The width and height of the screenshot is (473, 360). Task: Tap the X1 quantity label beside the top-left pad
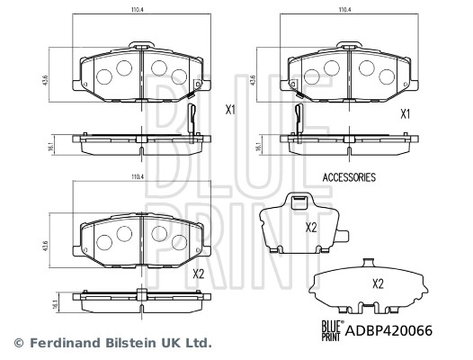tap(230, 111)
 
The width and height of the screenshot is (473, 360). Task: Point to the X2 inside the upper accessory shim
tap(312, 227)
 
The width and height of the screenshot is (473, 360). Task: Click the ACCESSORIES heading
tap(348, 178)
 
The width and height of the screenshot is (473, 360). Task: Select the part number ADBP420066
tap(389, 330)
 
